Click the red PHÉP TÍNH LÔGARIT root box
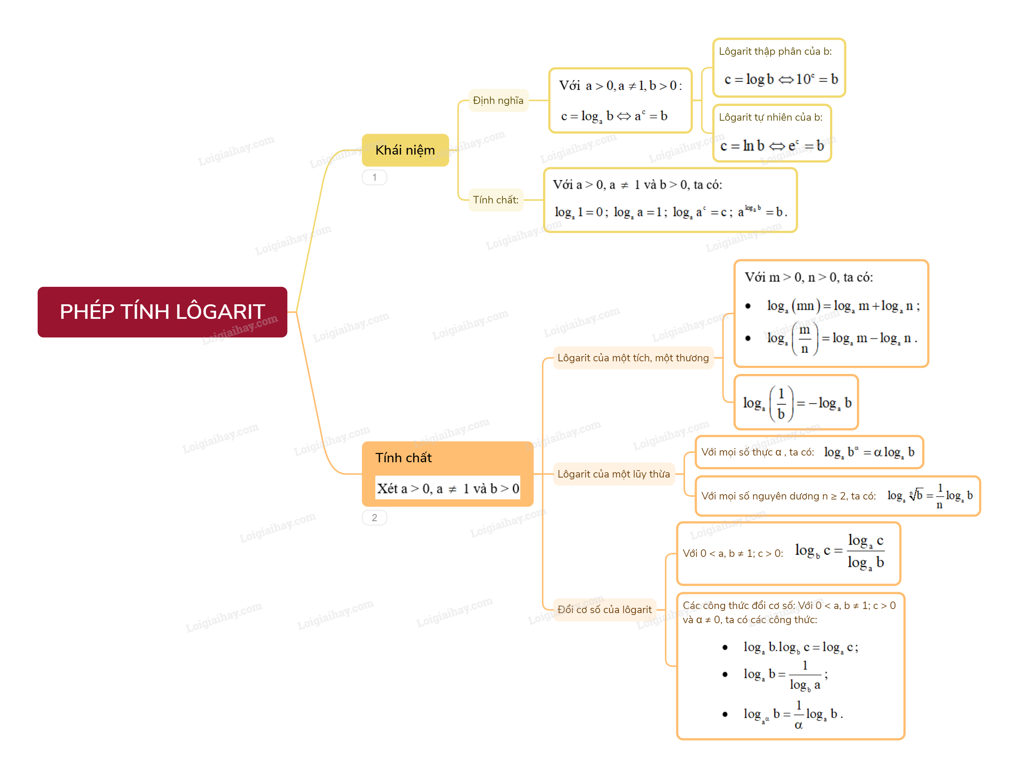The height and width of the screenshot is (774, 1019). pyautogui.click(x=162, y=312)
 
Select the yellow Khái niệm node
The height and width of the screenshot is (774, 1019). pyautogui.click(x=405, y=150)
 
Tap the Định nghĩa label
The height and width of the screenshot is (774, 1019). pyautogui.click(x=498, y=101)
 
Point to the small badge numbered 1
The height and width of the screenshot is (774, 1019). pyautogui.click(x=374, y=177)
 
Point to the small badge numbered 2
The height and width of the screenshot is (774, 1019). pyautogui.click(x=374, y=518)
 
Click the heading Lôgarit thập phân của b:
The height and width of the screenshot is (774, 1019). pyautogui.click(x=775, y=51)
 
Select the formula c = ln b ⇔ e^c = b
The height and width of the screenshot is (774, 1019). pyautogui.click(x=772, y=146)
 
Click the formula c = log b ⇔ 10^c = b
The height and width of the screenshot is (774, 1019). pyautogui.click(x=781, y=79)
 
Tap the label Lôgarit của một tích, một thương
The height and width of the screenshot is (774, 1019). pyautogui.click(x=633, y=358)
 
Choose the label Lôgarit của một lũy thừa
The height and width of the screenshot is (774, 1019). pyautogui.click(x=614, y=474)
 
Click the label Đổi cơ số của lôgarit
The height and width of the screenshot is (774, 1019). pyautogui.click(x=605, y=609)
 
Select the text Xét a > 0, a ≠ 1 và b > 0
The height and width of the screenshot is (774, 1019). pyautogui.click(x=448, y=488)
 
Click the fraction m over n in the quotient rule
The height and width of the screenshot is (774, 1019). pyautogui.click(x=805, y=339)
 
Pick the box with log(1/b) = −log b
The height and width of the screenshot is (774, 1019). pyautogui.click(x=796, y=402)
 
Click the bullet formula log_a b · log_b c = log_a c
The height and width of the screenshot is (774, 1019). pyautogui.click(x=801, y=648)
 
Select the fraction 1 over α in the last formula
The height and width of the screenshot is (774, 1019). pyautogui.click(x=799, y=714)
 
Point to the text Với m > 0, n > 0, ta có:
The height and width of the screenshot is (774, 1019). pyautogui.click(x=809, y=277)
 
